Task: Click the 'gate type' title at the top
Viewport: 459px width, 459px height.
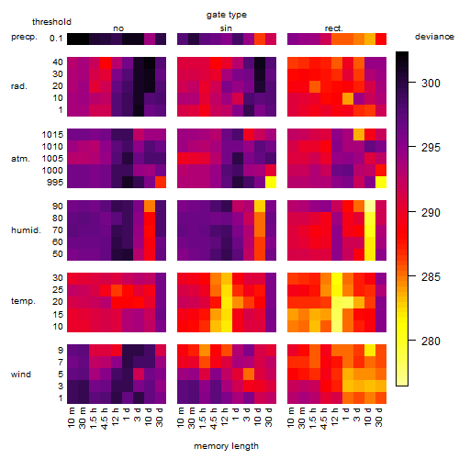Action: (x=227, y=15)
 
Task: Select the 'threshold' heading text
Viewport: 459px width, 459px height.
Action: (x=51, y=22)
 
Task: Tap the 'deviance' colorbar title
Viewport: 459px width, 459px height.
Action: (x=434, y=37)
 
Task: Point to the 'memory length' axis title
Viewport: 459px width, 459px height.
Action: (x=227, y=446)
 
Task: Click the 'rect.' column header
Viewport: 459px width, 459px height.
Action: (x=334, y=28)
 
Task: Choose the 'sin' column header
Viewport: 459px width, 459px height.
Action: (x=226, y=28)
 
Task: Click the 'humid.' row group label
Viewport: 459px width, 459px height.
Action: (x=26, y=230)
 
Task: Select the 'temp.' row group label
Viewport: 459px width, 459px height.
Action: (x=23, y=301)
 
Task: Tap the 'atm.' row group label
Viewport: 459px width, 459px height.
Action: (x=20, y=159)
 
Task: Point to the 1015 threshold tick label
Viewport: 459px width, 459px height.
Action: (x=52, y=135)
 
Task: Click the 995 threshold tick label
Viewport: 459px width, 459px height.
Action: (x=55, y=183)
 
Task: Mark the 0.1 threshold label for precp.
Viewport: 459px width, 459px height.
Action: (x=56, y=39)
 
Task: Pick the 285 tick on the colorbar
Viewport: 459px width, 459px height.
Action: (x=431, y=277)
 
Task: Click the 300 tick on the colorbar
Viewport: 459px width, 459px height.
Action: (x=431, y=84)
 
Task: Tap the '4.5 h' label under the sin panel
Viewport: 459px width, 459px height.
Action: (x=215, y=419)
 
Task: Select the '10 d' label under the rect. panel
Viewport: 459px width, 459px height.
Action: (x=369, y=417)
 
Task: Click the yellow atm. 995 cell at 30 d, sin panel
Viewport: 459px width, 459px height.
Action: (x=271, y=183)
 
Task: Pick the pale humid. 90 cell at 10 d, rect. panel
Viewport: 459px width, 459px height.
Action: (x=370, y=207)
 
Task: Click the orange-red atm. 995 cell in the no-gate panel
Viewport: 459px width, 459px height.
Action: (x=161, y=183)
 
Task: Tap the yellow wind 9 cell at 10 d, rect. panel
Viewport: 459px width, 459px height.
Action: (x=370, y=350)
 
